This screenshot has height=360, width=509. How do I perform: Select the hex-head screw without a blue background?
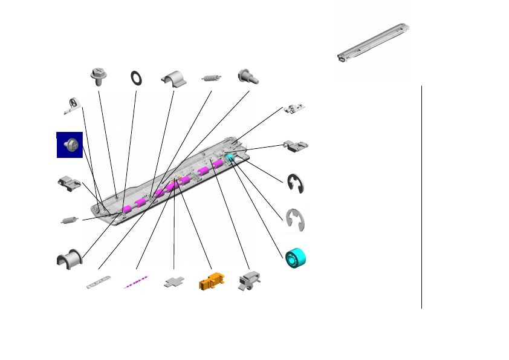click(98, 75)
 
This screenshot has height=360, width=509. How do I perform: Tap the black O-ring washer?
click(137, 77)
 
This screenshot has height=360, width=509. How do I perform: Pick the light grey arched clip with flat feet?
click(175, 79)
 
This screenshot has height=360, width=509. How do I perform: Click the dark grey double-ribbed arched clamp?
click(68, 258)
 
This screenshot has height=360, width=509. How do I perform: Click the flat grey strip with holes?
click(99, 282)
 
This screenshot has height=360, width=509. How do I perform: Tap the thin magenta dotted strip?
click(136, 282)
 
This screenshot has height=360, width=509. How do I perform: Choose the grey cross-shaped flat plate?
click(174, 283)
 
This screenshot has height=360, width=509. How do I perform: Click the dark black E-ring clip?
click(296, 183)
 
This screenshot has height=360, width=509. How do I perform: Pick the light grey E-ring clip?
click(296, 219)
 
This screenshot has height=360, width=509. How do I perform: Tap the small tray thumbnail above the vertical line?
click(371, 44)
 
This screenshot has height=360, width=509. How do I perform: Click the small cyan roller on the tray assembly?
click(230, 158)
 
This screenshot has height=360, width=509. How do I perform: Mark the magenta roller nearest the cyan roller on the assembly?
click(217, 164)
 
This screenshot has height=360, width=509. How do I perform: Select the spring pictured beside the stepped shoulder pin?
click(211, 77)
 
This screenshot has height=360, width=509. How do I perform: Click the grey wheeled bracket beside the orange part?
click(249, 280)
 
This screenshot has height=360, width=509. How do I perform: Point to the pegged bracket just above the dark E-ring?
click(296, 145)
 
